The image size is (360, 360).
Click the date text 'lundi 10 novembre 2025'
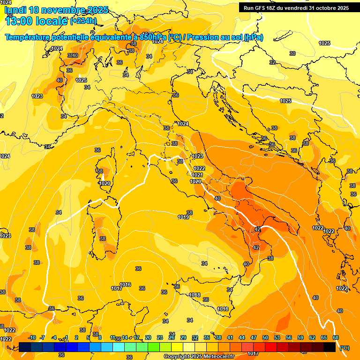[56, 10]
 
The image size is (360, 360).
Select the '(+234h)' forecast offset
[83, 21]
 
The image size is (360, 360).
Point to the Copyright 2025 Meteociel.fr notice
[199, 356]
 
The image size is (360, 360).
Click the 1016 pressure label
[125, 285]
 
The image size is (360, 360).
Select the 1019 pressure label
[183, 217]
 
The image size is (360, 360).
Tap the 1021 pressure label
[197, 175]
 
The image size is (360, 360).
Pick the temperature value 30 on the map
[292, 53]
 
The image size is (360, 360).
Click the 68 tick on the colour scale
[336, 337]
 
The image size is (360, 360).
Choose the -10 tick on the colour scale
[32, 337]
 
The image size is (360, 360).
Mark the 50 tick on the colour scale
[265, 337]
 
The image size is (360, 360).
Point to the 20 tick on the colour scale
[148, 337]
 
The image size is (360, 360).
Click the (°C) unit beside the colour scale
[344, 347]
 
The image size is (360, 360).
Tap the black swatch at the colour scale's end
[330, 347]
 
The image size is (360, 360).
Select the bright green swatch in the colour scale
[154, 347]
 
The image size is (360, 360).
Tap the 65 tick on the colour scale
[324, 337]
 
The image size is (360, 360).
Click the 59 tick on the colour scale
[300, 337]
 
